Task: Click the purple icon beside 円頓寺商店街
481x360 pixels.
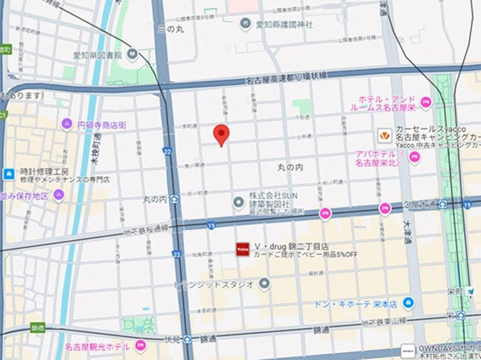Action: point(66,124)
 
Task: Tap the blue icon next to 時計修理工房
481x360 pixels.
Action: point(9,174)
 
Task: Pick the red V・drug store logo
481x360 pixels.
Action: point(243,248)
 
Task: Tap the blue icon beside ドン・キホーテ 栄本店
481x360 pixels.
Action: point(409,303)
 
